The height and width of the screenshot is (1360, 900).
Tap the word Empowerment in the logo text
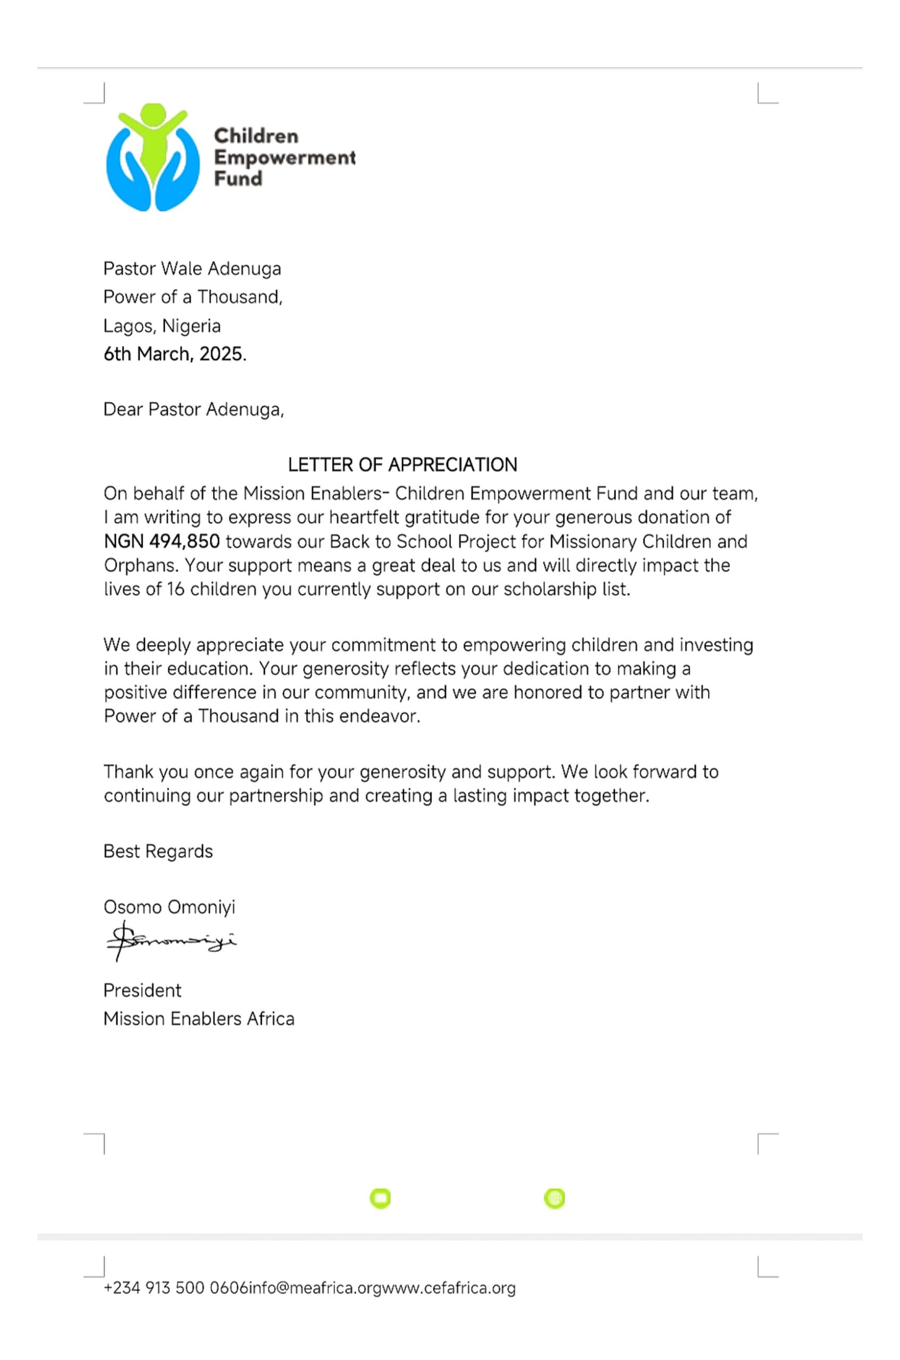tap(284, 157)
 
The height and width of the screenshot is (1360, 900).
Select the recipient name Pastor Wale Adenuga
tap(192, 269)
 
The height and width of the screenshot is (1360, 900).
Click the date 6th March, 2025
tap(175, 354)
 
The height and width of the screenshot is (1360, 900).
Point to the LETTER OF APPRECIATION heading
tap(402, 465)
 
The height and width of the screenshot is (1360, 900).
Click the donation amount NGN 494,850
tap(162, 541)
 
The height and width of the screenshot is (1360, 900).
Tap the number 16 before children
tap(176, 589)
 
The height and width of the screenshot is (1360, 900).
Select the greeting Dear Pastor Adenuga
tap(193, 410)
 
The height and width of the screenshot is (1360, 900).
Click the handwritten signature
tap(170, 941)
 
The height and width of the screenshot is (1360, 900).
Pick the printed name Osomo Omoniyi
tap(169, 907)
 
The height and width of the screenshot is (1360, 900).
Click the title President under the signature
tap(142, 990)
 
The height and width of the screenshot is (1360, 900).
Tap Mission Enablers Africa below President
tap(199, 1018)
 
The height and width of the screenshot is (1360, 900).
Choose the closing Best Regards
tap(158, 851)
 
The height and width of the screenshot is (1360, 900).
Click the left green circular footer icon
tap(380, 1198)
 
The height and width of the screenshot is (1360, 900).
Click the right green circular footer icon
tap(554, 1198)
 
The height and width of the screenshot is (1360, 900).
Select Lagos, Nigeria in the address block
tap(162, 326)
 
